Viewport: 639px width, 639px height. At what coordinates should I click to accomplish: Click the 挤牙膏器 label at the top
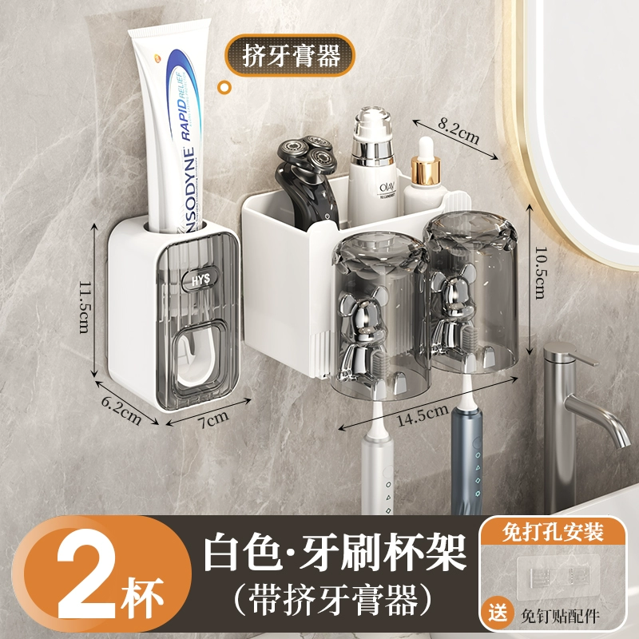point(292,55)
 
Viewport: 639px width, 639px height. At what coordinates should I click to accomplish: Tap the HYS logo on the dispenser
point(200,280)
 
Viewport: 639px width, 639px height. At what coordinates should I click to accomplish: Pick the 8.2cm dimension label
point(458,130)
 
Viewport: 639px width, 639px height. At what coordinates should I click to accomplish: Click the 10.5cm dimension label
point(541,272)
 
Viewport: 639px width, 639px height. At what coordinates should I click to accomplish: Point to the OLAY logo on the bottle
point(387,189)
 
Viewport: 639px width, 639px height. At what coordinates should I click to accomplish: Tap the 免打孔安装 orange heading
point(552,532)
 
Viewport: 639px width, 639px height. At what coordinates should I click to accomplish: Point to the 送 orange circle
point(498,612)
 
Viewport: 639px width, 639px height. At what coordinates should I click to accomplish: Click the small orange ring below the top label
point(224,87)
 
